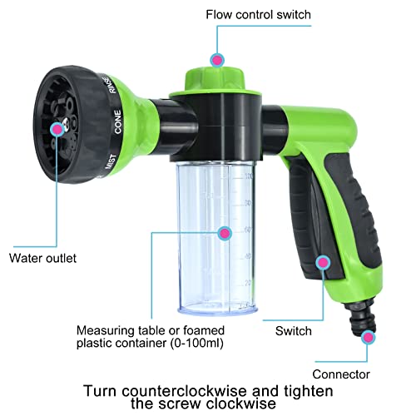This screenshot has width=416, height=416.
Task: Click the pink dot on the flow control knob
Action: pos(217,60)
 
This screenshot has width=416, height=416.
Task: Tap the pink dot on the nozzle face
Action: pos(57,129)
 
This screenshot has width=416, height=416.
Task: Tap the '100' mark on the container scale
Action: pos(247,177)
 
